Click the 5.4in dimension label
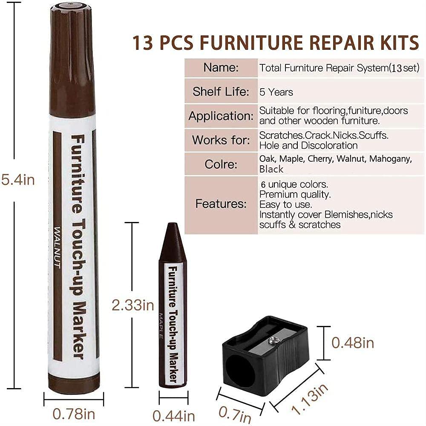(x=18, y=180)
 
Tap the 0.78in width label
(x=74, y=414)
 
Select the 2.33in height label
(x=132, y=305)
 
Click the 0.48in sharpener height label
(x=353, y=343)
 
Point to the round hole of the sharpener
(x=240, y=368)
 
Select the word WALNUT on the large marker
(x=57, y=248)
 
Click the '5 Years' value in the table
(x=276, y=92)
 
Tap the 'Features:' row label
(x=221, y=204)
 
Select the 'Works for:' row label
(x=221, y=140)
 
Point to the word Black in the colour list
(x=271, y=169)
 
